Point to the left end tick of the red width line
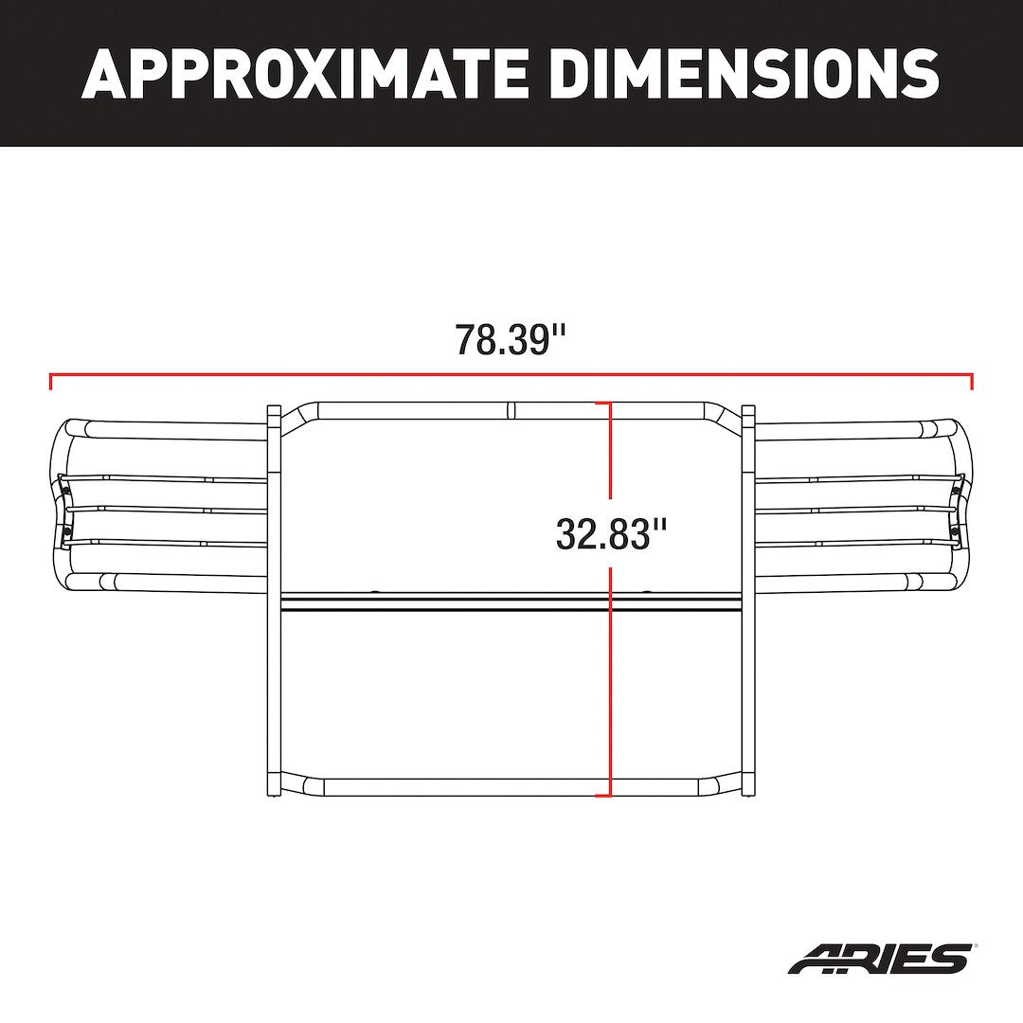[x=50, y=381]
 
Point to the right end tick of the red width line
[x=972, y=381]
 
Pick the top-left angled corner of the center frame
[x=301, y=416]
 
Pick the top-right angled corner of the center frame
[x=722, y=416]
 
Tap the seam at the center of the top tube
[x=509, y=411]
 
